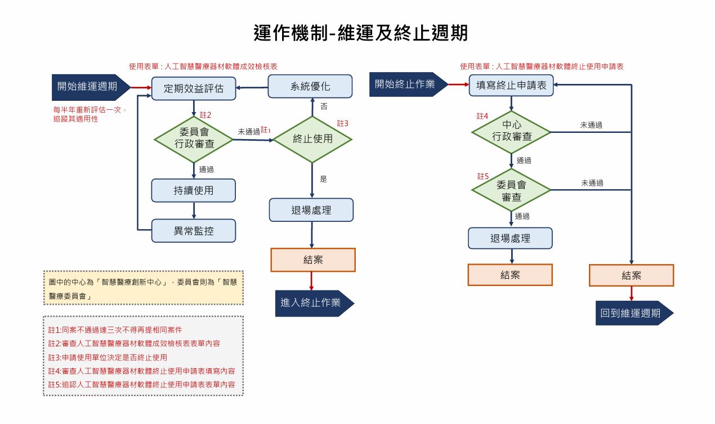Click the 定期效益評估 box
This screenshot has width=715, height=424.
pyautogui.click(x=193, y=88)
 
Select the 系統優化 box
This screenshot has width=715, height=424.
pyautogui.click(x=310, y=87)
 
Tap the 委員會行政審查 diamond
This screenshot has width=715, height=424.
pyautogui.click(x=193, y=139)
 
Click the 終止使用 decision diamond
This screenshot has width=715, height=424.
pyautogui.click(x=312, y=139)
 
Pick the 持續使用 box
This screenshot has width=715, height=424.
pyautogui.click(x=193, y=190)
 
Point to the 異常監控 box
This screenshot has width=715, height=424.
pyautogui.click(x=193, y=231)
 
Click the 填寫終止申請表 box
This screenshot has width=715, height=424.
pyautogui.click(x=511, y=86)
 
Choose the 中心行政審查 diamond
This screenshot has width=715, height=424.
pyautogui.click(x=511, y=131)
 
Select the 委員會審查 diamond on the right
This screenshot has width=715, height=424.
pyautogui.click(x=511, y=190)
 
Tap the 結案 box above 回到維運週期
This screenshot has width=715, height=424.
pyautogui.click(x=631, y=275)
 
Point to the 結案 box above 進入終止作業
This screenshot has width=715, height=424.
pyautogui.click(x=313, y=260)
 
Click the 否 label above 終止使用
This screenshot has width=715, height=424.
pyautogui.click(x=324, y=106)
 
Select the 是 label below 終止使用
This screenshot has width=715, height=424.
pyautogui.click(x=323, y=179)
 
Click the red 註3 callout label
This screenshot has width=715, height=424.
pyautogui.click(x=343, y=123)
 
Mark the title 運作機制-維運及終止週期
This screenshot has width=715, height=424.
pyautogui.click(x=360, y=33)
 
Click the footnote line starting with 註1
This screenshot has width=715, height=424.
pyautogui.click(x=115, y=329)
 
